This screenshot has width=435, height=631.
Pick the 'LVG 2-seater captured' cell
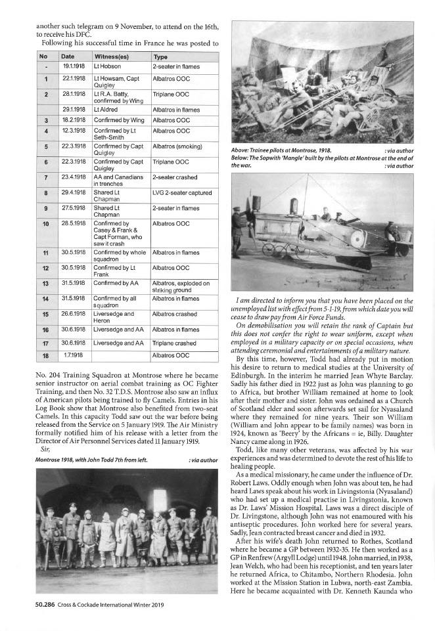pyautogui.click(x=181, y=192)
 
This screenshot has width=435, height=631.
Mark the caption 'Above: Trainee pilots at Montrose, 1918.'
pyautogui.click(x=280, y=151)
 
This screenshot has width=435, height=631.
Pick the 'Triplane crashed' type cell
pyautogui.click(x=174, y=342)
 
